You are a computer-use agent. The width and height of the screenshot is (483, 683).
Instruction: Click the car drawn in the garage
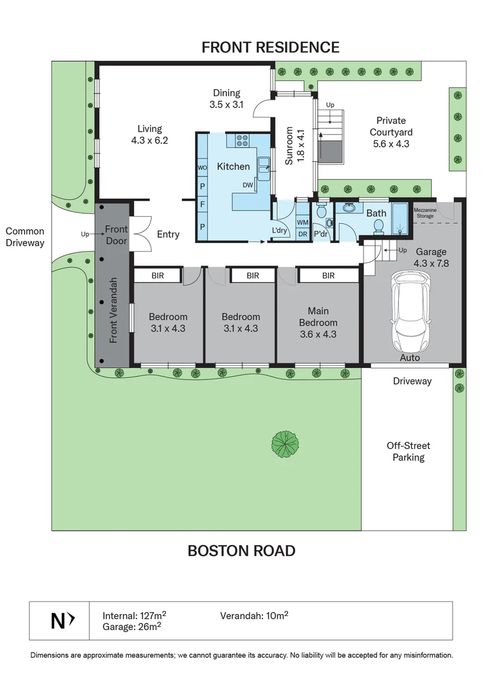click(410, 313)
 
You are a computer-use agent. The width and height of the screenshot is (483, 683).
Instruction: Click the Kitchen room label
click(233, 166)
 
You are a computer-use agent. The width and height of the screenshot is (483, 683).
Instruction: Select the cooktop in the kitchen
click(241, 140)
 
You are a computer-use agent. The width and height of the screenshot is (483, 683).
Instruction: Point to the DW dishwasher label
click(248, 185)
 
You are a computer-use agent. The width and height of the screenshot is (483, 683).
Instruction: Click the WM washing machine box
click(303, 223)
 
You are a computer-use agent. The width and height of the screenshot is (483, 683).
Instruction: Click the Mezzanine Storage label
click(425, 213)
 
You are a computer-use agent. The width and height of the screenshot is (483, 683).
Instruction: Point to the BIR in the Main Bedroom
click(328, 276)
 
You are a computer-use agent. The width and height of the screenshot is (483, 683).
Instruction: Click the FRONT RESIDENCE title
click(271, 47)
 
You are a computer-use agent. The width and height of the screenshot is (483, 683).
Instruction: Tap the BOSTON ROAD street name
click(241, 551)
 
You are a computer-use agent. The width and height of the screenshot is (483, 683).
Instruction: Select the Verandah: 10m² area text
click(254, 615)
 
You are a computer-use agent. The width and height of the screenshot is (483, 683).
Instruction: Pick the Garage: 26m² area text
click(131, 627)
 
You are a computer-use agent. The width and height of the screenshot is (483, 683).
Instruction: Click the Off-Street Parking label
click(408, 452)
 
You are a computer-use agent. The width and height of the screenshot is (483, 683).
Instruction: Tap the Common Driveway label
click(25, 237)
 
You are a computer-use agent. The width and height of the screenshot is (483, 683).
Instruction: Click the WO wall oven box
click(202, 168)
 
